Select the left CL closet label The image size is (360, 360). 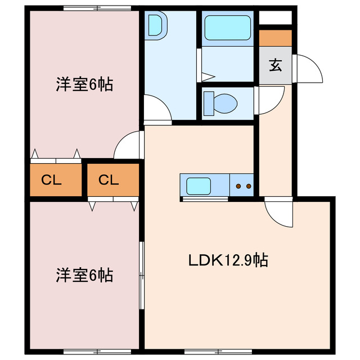[x=52, y=180]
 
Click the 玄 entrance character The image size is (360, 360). [x=275, y=66]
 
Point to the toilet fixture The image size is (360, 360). [x=222, y=102]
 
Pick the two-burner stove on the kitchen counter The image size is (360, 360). [x=244, y=184]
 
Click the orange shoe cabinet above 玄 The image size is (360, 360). [x=275, y=38]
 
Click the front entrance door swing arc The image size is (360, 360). [x=309, y=69]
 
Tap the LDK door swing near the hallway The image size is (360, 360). [x=278, y=213]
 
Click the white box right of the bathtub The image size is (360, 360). [x=275, y=17]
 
